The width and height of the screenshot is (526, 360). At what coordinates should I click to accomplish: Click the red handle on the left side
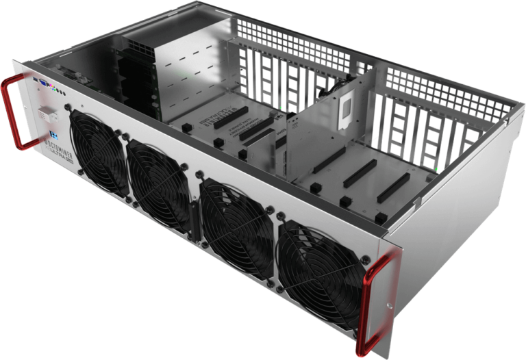14,113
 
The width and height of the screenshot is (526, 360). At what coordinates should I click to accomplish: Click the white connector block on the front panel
47,112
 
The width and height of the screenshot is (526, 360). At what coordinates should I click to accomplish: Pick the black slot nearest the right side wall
394,188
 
